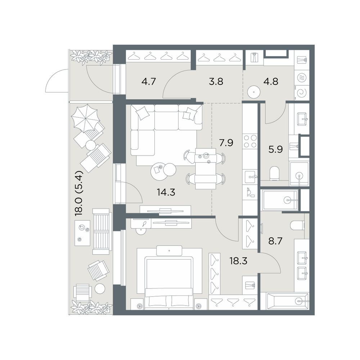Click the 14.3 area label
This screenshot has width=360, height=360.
pos(166,192)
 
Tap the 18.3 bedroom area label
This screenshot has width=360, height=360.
pos(238,261)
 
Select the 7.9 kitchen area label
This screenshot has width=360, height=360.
pos(226,143)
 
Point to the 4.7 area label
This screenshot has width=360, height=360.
pos(149,81)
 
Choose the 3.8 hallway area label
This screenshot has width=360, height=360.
pos(216,81)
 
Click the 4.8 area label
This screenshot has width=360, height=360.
pos(271,81)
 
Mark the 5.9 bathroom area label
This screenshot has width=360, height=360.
pos(275,149)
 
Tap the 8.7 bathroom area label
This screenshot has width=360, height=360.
pos(275,241)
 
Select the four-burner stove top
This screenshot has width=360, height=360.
pos(250,141)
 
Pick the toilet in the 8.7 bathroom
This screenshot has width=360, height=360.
pos(298,225)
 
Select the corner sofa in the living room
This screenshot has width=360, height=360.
pos(161,126)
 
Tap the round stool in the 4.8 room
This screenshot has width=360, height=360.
pos(254,92)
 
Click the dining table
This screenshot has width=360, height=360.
pos(206,168)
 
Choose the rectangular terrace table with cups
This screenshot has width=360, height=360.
pos(82,233)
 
